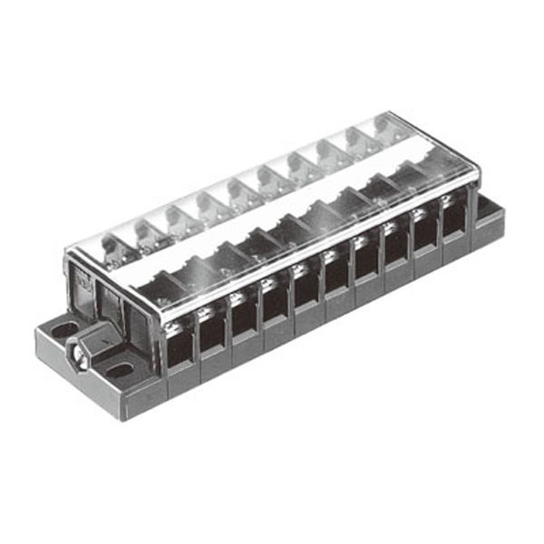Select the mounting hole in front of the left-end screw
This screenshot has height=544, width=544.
tap(115, 371)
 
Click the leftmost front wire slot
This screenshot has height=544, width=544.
tap(180, 338)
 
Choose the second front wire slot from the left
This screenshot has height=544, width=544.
tap(212, 325)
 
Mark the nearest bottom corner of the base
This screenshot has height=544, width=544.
tap(134, 418)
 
